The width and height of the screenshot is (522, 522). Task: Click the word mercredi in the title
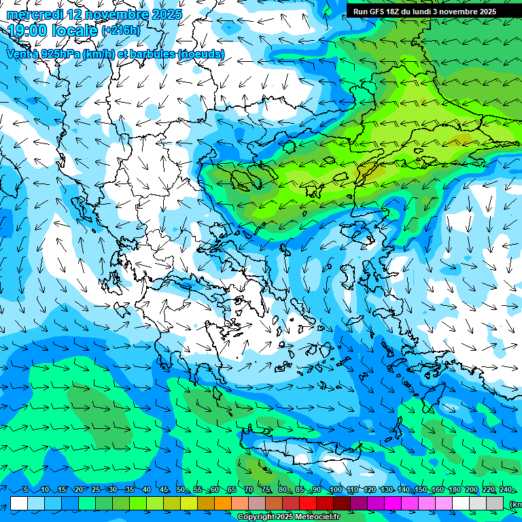pos(35,14)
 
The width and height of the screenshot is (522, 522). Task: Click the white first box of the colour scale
pos(19,504)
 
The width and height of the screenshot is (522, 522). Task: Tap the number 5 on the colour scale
pos(26,490)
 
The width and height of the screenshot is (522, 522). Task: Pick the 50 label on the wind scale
pos(181,490)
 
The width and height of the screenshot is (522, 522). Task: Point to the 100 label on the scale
pos(335,490)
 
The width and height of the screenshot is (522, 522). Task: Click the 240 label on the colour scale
pos(506,490)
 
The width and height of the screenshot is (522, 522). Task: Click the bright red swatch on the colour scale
pos(308,504)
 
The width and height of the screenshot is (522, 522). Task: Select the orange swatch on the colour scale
pos(223,504)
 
